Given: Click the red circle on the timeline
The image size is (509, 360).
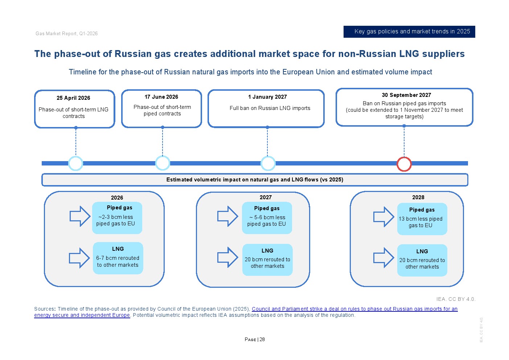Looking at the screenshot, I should click(x=404, y=164).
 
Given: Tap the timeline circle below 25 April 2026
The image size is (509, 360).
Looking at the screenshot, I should click(x=75, y=163).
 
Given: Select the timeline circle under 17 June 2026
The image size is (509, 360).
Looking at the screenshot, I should click(x=163, y=163).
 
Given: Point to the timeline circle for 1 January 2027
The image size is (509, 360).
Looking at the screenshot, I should click(x=268, y=163).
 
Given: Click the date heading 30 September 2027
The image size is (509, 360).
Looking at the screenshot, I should click(x=406, y=95).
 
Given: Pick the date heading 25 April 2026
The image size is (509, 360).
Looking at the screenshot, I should click(x=73, y=98).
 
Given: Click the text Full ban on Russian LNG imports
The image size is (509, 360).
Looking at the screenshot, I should click(x=270, y=108).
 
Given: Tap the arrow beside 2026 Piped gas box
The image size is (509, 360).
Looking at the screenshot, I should click(x=80, y=216).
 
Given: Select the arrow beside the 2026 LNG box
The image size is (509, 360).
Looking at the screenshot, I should click(x=79, y=258).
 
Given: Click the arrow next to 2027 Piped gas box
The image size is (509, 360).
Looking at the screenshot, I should click(x=227, y=216).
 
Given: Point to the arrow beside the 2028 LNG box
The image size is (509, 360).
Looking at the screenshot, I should click(x=383, y=258).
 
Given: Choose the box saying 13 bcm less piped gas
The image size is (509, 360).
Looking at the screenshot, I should click(x=422, y=219).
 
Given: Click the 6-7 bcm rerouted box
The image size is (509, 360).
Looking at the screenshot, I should click(x=118, y=258).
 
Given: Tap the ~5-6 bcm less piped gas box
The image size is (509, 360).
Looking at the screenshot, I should click(x=267, y=218).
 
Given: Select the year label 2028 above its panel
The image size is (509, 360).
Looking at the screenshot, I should click(x=418, y=197).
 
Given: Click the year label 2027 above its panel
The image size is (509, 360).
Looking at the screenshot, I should click(x=266, y=197).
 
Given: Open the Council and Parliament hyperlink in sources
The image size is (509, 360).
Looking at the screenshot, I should click(x=354, y=309).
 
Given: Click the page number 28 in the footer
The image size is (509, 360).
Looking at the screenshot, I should click(x=262, y=340).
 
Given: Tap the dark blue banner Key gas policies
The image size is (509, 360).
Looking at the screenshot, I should click(x=409, y=32).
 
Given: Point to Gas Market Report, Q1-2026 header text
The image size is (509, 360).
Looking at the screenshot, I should click(x=66, y=34).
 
